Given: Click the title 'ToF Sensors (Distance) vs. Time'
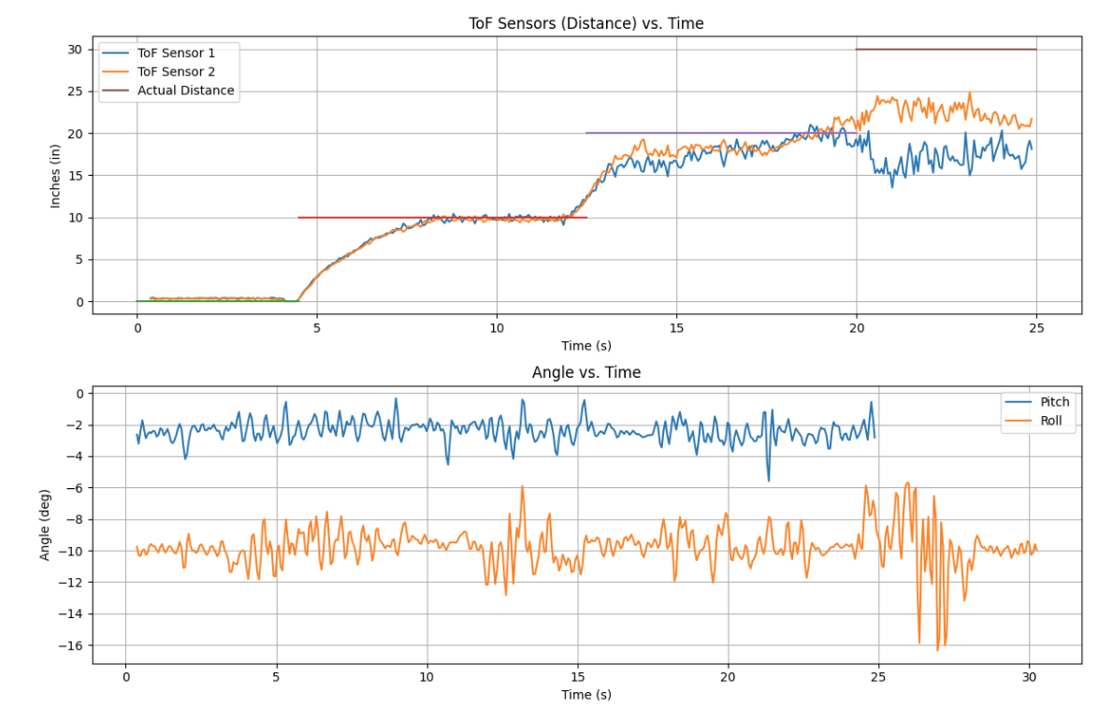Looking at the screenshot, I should pyautogui.click(x=586, y=23).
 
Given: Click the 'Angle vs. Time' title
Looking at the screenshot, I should pyautogui.click(x=586, y=372).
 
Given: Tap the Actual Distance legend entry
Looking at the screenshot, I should pyautogui.click(x=185, y=91).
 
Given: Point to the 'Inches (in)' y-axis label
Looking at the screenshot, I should pyautogui.click(x=55, y=176).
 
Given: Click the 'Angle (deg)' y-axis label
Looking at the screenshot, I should pyautogui.click(x=45, y=526).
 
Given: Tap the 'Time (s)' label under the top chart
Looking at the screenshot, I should pyautogui.click(x=586, y=346).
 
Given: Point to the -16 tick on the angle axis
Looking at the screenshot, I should pyautogui.click(x=71, y=646).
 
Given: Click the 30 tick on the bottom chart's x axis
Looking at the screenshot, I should pyautogui.click(x=1030, y=677).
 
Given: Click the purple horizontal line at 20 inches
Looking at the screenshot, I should pyautogui.click(x=692, y=133).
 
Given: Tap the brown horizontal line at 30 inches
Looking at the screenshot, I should pyautogui.click(x=945, y=50).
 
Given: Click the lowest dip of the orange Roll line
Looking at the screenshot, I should pyautogui.click(x=938, y=649).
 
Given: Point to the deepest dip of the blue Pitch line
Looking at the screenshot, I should pyautogui.click(x=769, y=481).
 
